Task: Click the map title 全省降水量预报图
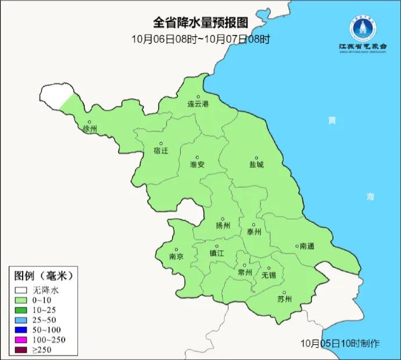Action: click(201, 23)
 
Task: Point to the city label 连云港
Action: click(198, 104)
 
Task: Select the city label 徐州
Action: click(91, 129)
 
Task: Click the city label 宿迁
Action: click(161, 151)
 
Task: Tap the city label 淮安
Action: click(197, 165)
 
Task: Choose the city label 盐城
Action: click(256, 165)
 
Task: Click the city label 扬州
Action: click(223, 226)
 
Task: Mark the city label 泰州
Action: click(254, 231)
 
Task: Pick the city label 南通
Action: click(306, 247)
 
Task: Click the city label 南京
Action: click(176, 256)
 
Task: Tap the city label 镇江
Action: click(217, 253)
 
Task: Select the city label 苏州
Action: click(284, 300)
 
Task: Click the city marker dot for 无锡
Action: click(268, 268)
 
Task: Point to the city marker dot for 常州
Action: click(245, 265)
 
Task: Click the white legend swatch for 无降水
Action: click(22, 289)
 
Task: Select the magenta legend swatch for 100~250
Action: click(22, 339)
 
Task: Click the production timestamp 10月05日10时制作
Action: click(341, 343)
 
